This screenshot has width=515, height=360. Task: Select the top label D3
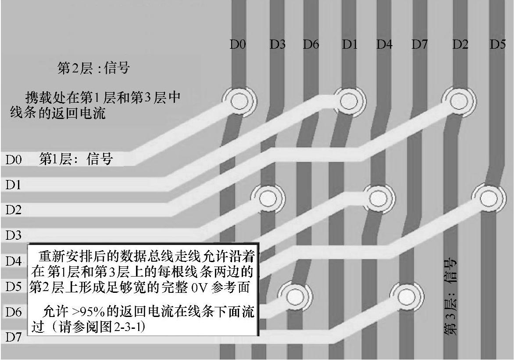pyautogui.click(x=278, y=44)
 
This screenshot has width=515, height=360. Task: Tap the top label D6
pyautogui.click(x=311, y=44)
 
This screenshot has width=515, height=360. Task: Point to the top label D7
pyautogui.click(x=420, y=44)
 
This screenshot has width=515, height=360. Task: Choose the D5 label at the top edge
pyautogui.click(x=498, y=44)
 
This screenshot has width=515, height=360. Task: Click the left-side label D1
pyautogui.click(x=13, y=185)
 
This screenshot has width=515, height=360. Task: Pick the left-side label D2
pyautogui.click(x=13, y=210)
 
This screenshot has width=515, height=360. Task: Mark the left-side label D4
pyautogui.click(x=13, y=262)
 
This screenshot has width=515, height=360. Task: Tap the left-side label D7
pyautogui.click(x=13, y=338)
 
